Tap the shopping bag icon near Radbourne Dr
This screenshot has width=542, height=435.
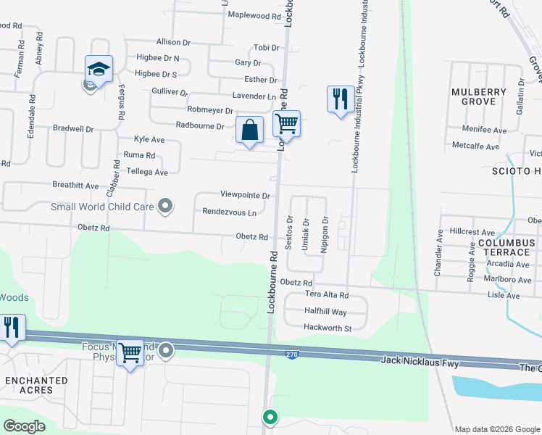(250, 130)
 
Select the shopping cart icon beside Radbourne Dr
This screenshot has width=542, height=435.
(287, 124)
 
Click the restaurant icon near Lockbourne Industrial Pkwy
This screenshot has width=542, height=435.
(341, 99)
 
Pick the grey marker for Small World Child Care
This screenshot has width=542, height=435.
(166, 207)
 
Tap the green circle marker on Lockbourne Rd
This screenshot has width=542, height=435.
(270, 418)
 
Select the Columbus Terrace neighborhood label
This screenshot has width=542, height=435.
(505, 247)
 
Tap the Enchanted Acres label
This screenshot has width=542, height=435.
(36, 385)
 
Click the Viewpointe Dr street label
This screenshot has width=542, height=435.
(245, 196)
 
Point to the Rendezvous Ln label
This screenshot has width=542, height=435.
(230, 213)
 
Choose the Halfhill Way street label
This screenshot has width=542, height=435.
(325, 312)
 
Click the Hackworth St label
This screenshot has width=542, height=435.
(328, 328)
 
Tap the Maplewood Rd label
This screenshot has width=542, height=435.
(254, 15)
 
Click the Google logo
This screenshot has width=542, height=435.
(25, 426)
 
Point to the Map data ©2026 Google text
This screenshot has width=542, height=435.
(496, 429)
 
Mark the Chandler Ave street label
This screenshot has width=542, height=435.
(438, 253)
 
